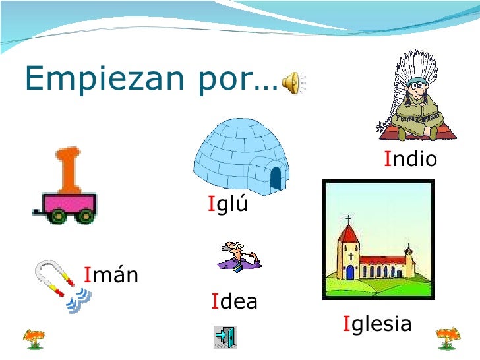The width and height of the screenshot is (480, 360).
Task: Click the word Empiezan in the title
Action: tap(105, 80)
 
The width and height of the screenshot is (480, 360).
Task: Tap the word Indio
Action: tap(411, 160)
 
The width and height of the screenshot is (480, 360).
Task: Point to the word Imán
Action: tap(111, 274)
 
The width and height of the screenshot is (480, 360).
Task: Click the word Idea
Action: tap(234, 302)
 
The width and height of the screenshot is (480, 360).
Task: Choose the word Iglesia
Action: tap(377, 324)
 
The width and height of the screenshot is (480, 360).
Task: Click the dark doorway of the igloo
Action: tap(275, 177)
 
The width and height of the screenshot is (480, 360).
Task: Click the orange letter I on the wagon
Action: tap(68, 169)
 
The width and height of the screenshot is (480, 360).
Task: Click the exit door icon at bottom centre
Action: tap(225, 337)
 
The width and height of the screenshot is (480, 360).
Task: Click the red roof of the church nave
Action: tap(382, 260)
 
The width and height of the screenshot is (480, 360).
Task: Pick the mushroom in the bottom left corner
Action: tap(34, 338)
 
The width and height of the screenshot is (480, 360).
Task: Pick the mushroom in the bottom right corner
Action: tap(449, 338)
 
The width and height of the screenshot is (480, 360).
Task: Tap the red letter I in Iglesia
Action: tap(346, 324)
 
